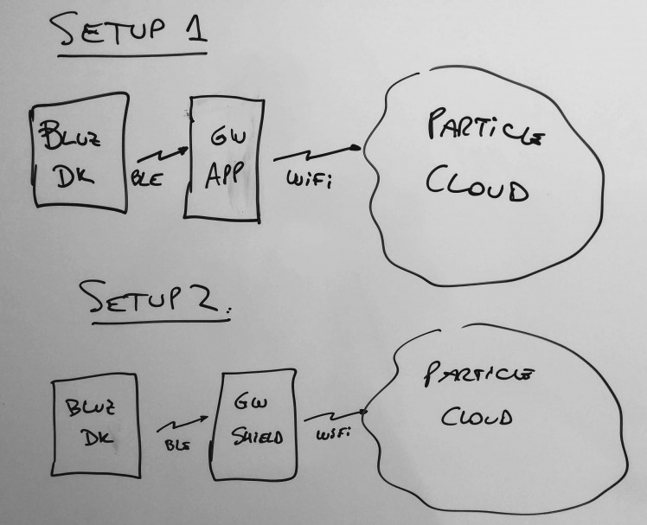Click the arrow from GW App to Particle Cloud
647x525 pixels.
pos(316,153)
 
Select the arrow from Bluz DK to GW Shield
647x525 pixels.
pos(183,422)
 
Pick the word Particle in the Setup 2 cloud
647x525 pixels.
pos(479,375)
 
